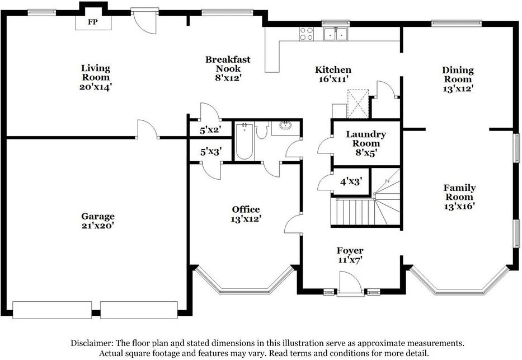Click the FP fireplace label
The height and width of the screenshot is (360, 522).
pyautogui.click(x=93, y=22)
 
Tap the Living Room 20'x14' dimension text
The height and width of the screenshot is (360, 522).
pyautogui.click(x=96, y=87)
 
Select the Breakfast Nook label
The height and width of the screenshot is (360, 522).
pyautogui.click(x=228, y=64)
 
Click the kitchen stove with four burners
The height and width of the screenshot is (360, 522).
pyautogui.click(x=306, y=34)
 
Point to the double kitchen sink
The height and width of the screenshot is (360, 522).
pyautogui.click(x=336, y=34)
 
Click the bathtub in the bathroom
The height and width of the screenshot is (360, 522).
pyautogui.click(x=244, y=142)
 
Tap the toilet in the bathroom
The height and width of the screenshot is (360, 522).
pyautogui.click(x=262, y=130)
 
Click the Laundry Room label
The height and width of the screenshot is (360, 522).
pyautogui.click(x=366, y=139)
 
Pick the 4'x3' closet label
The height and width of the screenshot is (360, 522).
pyautogui.click(x=351, y=182)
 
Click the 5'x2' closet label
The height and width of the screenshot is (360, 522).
pyautogui.click(x=211, y=130)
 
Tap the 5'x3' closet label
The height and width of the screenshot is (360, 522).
pyautogui.click(x=211, y=152)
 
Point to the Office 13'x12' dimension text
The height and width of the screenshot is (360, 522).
pyautogui.click(x=246, y=219)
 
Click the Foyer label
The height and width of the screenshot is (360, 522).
pyautogui.click(x=350, y=250)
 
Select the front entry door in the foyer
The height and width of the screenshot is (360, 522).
pyautogui.click(x=350, y=284)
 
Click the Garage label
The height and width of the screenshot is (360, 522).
pyautogui.click(x=98, y=216)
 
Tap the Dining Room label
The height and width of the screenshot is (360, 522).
pyautogui.click(x=458, y=74)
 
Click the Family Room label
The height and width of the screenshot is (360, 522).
pyautogui.click(x=459, y=192)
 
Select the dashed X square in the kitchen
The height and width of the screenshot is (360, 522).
pyautogui.click(x=358, y=104)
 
